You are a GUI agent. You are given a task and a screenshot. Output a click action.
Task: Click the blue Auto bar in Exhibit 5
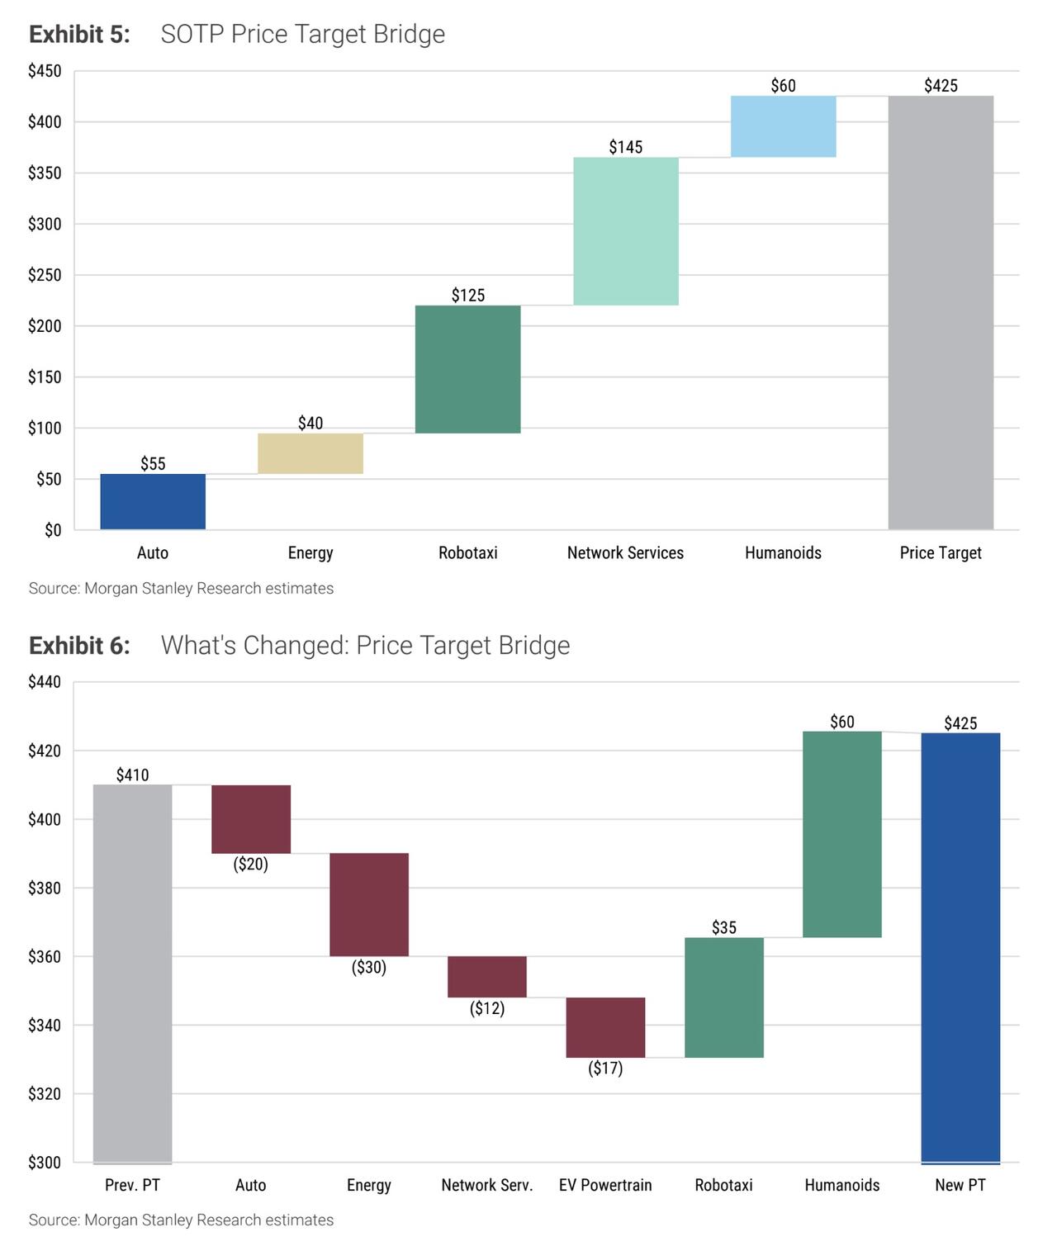[x=153, y=501]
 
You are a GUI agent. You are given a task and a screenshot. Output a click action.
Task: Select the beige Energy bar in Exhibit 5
[x=310, y=453]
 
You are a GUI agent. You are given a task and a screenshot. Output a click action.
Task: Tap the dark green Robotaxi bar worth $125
[x=468, y=369]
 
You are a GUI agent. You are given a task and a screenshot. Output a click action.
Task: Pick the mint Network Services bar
[x=626, y=231]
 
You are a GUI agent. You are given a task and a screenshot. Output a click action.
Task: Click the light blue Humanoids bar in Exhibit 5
[x=784, y=126]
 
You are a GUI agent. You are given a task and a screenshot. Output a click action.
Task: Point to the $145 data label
[x=626, y=147]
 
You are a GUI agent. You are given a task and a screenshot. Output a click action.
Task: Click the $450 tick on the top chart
[x=45, y=71]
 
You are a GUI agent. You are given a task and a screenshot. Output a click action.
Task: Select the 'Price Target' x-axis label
[x=941, y=553]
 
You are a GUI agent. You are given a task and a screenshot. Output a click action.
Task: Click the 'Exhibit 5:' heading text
[x=79, y=34]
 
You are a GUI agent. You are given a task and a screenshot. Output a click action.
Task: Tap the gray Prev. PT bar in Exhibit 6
[x=133, y=974]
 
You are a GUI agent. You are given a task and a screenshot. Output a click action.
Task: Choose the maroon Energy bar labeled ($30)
[x=369, y=904]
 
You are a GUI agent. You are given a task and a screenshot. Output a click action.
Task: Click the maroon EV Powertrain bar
[x=605, y=1027]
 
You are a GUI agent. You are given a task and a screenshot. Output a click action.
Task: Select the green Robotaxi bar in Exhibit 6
[x=724, y=997]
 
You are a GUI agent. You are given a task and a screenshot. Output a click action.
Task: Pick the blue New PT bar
[x=960, y=948]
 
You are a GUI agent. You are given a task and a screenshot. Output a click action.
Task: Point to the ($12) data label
[x=487, y=1008]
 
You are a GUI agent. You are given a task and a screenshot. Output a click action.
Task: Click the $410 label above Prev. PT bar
[x=133, y=775]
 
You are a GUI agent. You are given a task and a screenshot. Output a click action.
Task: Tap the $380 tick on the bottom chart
[x=45, y=888]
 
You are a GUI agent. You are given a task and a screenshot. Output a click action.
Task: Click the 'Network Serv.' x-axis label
[x=487, y=1185]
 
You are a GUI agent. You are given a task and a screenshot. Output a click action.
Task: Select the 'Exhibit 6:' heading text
[x=79, y=645]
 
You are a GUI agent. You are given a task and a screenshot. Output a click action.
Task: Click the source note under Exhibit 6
[x=182, y=1220]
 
